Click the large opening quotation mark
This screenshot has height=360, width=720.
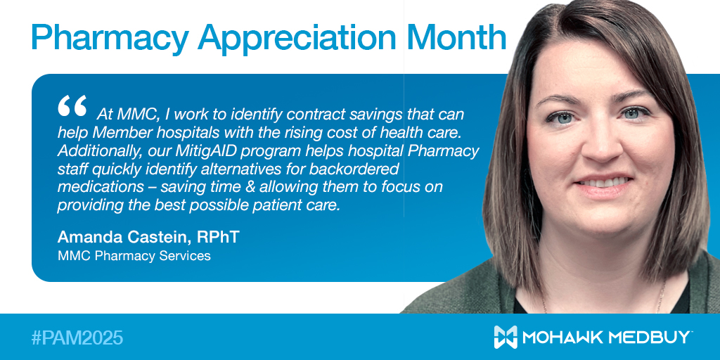72,107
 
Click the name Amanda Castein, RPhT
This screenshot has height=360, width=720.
148,237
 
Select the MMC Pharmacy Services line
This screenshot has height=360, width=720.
134,256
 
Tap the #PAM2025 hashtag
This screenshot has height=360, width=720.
77,337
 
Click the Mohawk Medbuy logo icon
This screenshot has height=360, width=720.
506,337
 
